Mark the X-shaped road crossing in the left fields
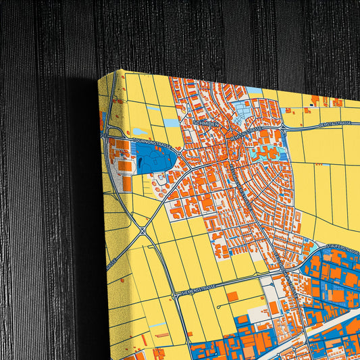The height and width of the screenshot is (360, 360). (x=143, y=231)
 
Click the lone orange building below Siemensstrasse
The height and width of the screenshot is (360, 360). (x=232, y=297)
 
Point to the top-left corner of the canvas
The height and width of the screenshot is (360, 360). (x=100, y=76)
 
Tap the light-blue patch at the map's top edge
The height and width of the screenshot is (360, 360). (x=253, y=91)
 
